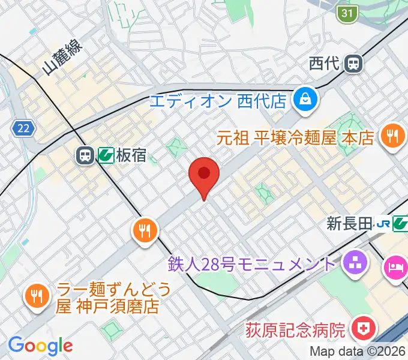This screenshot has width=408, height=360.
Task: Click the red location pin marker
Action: coord(204,175)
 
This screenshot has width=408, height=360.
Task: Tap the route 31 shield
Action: coord(346,13)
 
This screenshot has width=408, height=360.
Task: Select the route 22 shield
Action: coord(23,127)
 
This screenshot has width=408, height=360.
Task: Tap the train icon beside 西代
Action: coord(355,62)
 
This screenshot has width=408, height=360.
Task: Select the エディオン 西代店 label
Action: coord(217,100)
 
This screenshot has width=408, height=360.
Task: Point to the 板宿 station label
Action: coord(131,157)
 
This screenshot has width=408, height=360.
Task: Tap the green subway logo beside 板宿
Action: coord(106,157)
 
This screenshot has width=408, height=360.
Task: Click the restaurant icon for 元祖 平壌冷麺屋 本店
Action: coord(393,136)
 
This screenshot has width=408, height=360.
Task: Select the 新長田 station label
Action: coord(349,224)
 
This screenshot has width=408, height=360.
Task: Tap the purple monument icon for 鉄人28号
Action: coord(353,263)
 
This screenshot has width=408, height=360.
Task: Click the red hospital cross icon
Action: coord(363,329)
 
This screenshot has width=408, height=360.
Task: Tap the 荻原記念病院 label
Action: coord(296,329)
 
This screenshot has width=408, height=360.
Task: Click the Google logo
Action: coord(40,346)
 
